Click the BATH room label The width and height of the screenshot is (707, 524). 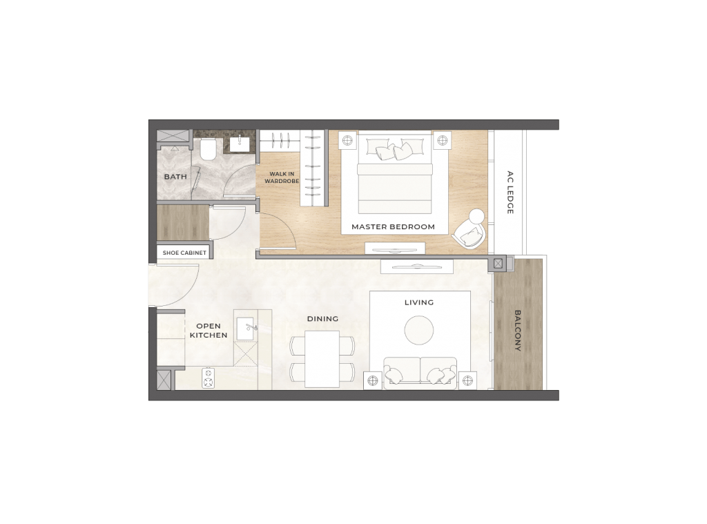pyautogui.click(x=175, y=177)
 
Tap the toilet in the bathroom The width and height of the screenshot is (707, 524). pyautogui.click(x=209, y=150)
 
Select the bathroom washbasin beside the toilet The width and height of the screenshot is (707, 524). pyautogui.click(x=240, y=144)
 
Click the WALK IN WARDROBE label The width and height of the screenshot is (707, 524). pyautogui.click(x=282, y=177)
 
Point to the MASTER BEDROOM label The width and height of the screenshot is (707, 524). pyautogui.click(x=393, y=227)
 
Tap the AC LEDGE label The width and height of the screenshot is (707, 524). pyautogui.click(x=510, y=193)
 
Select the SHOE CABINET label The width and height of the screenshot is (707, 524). pyautogui.click(x=184, y=253)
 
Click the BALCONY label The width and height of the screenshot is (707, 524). pyautogui.click(x=518, y=331)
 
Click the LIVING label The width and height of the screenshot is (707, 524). pyautogui.click(x=419, y=302)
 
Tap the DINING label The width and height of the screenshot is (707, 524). pyautogui.click(x=323, y=319)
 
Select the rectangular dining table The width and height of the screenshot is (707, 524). pyautogui.click(x=322, y=360)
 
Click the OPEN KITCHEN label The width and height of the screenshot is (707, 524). pyautogui.click(x=209, y=331)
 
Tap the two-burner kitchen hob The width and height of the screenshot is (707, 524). pyautogui.click(x=209, y=378)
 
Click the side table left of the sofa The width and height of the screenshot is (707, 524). pyautogui.click(x=372, y=380)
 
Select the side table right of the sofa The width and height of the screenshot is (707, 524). pyautogui.click(x=467, y=380)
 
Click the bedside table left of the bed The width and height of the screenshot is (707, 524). pyautogui.click(x=347, y=140)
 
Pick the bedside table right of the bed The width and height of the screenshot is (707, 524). pyautogui.click(x=443, y=140)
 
